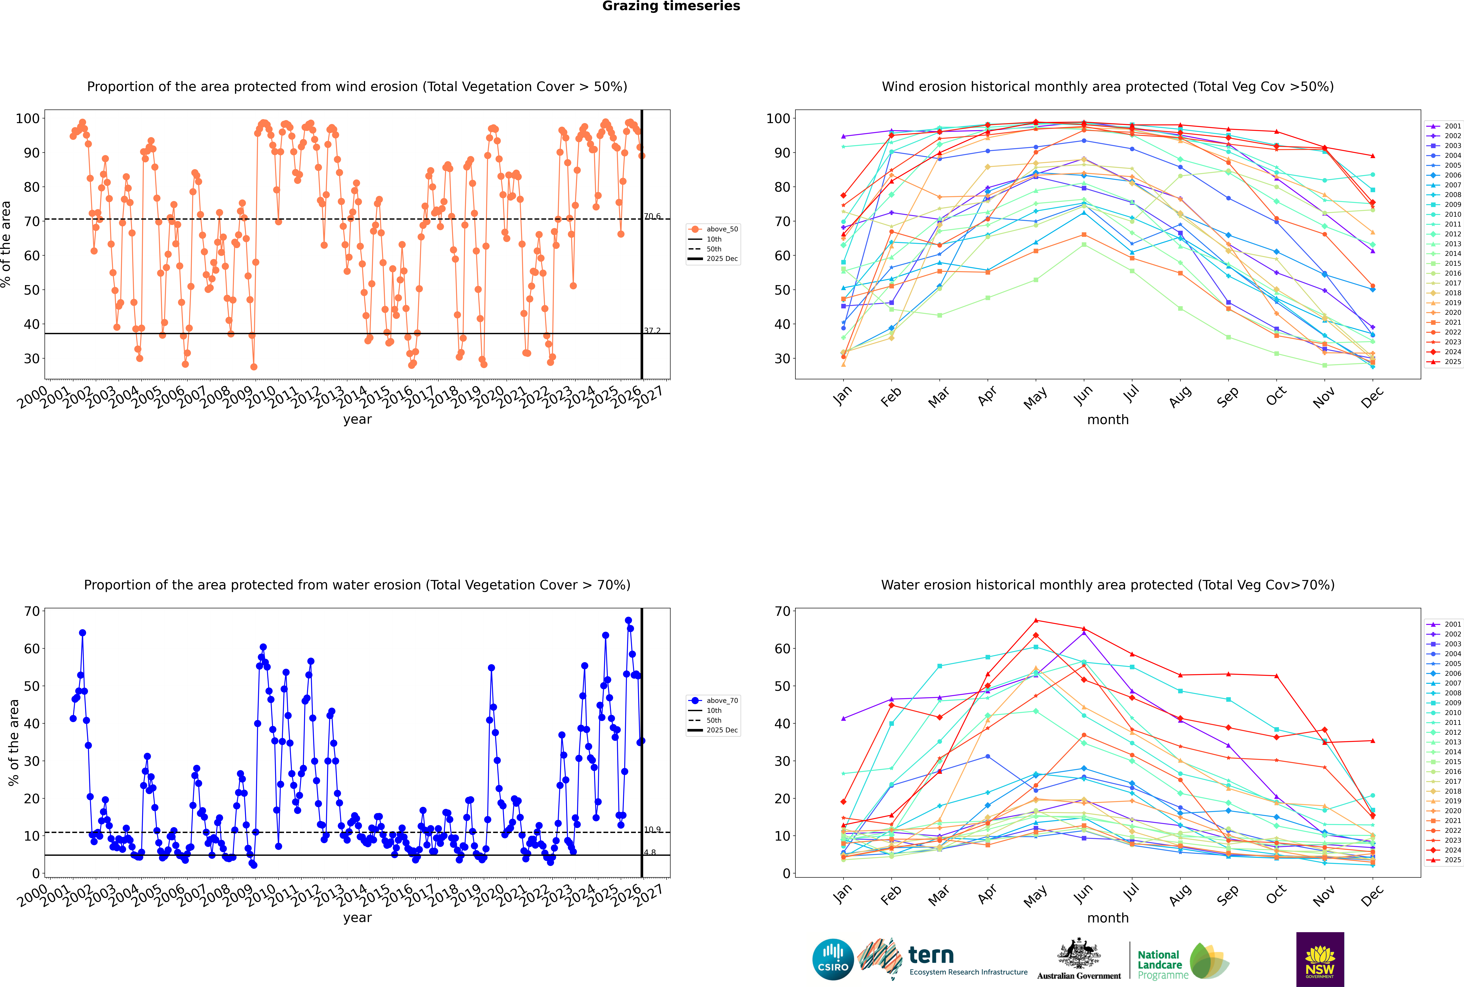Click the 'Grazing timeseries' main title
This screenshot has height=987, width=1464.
[x=671, y=6]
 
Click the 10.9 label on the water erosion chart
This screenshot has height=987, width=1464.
[x=652, y=830]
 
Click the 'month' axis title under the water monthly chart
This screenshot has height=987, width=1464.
[x=1108, y=918]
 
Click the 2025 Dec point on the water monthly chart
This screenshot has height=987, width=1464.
[x=1373, y=741]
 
